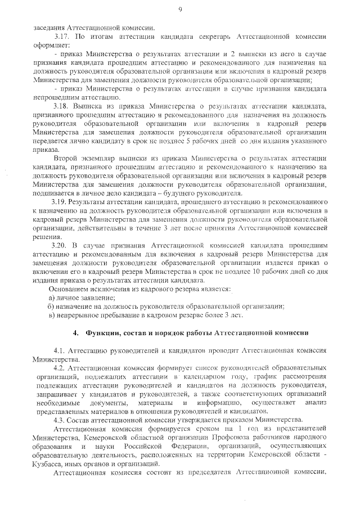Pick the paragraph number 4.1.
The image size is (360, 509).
click(59, 350)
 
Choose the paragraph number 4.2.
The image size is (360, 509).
click(59, 367)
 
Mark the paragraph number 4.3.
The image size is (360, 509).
click(59, 420)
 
